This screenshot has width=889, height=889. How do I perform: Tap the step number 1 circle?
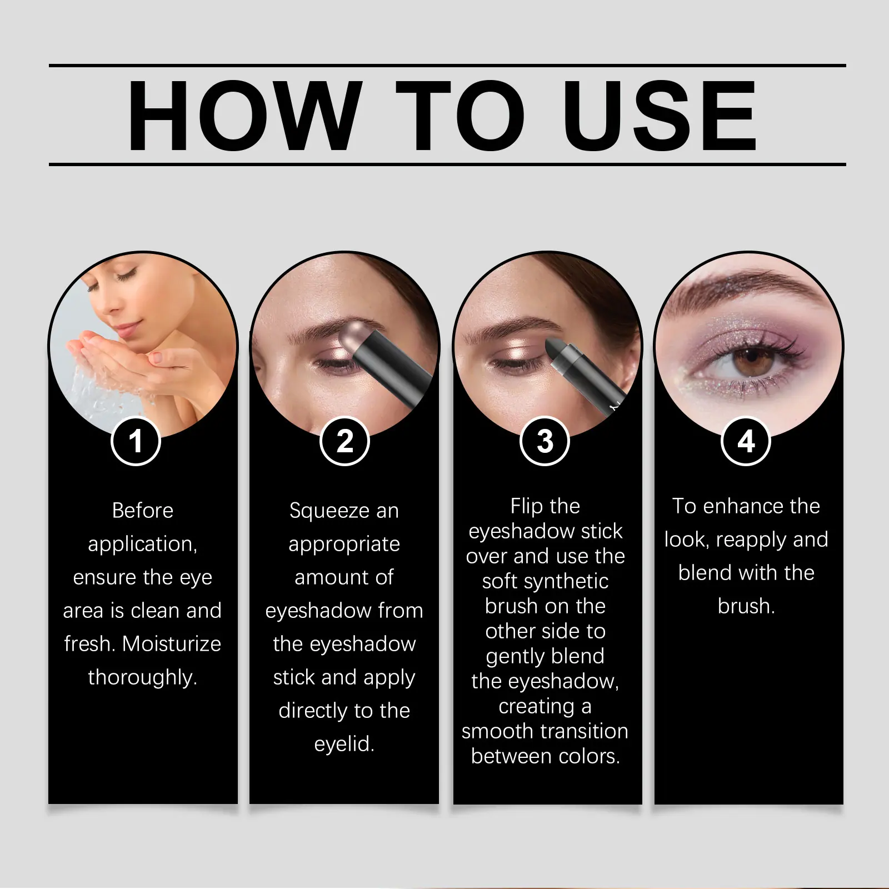click(136, 441)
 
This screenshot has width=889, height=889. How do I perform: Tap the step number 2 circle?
click(345, 441)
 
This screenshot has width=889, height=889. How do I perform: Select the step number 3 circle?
click(545, 441)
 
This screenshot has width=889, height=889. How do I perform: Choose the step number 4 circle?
click(746, 441)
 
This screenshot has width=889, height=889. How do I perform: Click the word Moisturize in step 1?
click(172, 643)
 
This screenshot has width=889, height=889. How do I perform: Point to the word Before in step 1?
click(143, 510)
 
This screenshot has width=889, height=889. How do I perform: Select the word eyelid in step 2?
click(342, 744)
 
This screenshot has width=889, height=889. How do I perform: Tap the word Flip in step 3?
click(525, 507)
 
